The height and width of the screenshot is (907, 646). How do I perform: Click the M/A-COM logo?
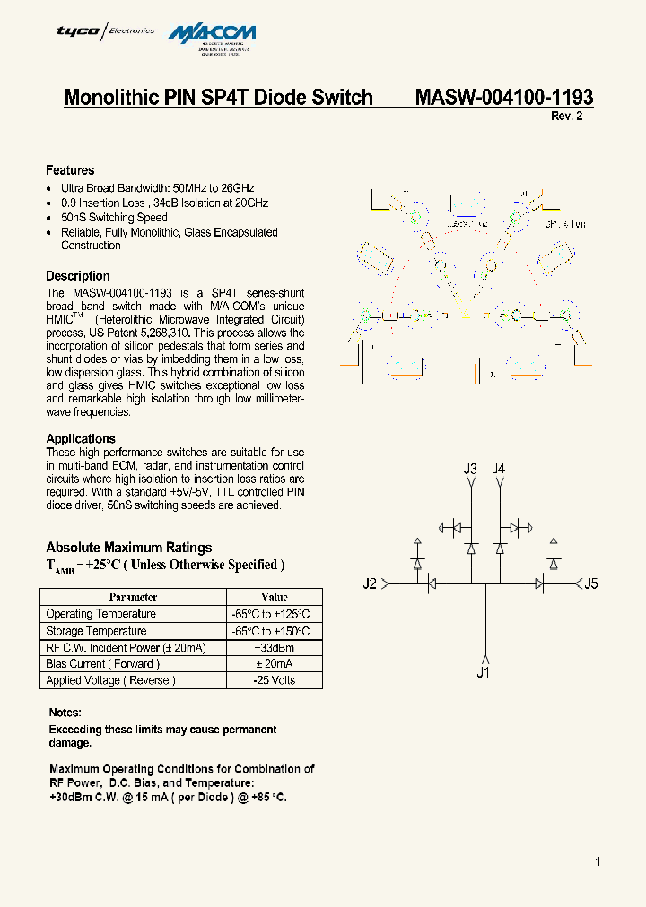click(x=225, y=33)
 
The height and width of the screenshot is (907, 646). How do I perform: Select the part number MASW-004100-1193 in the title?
click(x=503, y=97)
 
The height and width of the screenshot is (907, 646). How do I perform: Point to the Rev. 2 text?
click(x=566, y=117)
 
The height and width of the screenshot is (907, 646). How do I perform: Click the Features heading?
click(x=70, y=170)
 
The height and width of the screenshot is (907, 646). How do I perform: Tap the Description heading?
click(x=78, y=276)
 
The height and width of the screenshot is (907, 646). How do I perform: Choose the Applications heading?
click(x=81, y=438)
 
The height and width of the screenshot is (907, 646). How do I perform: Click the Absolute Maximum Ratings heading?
click(x=129, y=547)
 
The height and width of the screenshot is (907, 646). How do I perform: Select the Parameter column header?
click(x=133, y=597)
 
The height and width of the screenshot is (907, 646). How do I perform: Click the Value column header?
click(x=274, y=597)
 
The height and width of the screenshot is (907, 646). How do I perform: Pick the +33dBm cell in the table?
click(x=274, y=647)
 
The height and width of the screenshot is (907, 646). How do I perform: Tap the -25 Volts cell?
click(x=274, y=680)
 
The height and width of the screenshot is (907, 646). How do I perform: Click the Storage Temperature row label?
click(x=96, y=631)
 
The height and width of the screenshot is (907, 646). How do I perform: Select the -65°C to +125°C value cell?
click(x=274, y=614)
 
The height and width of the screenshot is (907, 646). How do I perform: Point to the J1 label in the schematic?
click(x=483, y=672)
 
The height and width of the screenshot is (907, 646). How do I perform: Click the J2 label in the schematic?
click(x=370, y=584)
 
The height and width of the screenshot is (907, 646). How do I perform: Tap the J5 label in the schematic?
click(x=590, y=584)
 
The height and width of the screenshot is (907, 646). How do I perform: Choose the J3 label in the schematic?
click(x=470, y=469)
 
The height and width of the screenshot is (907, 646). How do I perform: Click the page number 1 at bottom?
click(x=598, y=862)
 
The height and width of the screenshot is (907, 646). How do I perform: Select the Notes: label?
click(x=65, y=713)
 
